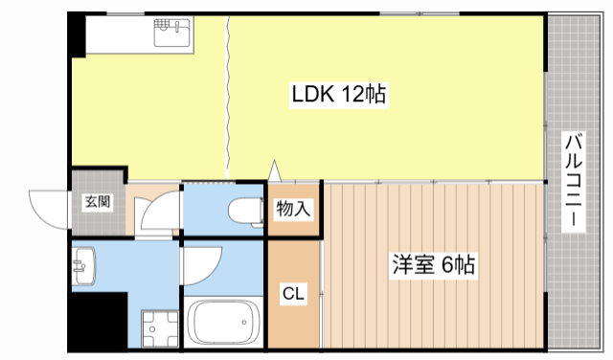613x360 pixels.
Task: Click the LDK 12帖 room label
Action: [338, 94]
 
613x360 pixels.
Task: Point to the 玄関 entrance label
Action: [97, 202]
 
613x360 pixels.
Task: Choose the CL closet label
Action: [292, 295]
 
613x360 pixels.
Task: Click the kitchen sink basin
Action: [173, 37]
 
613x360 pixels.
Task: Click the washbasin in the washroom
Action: [84, 264]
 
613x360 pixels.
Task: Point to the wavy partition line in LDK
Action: [228, 96]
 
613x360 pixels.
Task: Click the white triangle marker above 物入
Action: [276, 170]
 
